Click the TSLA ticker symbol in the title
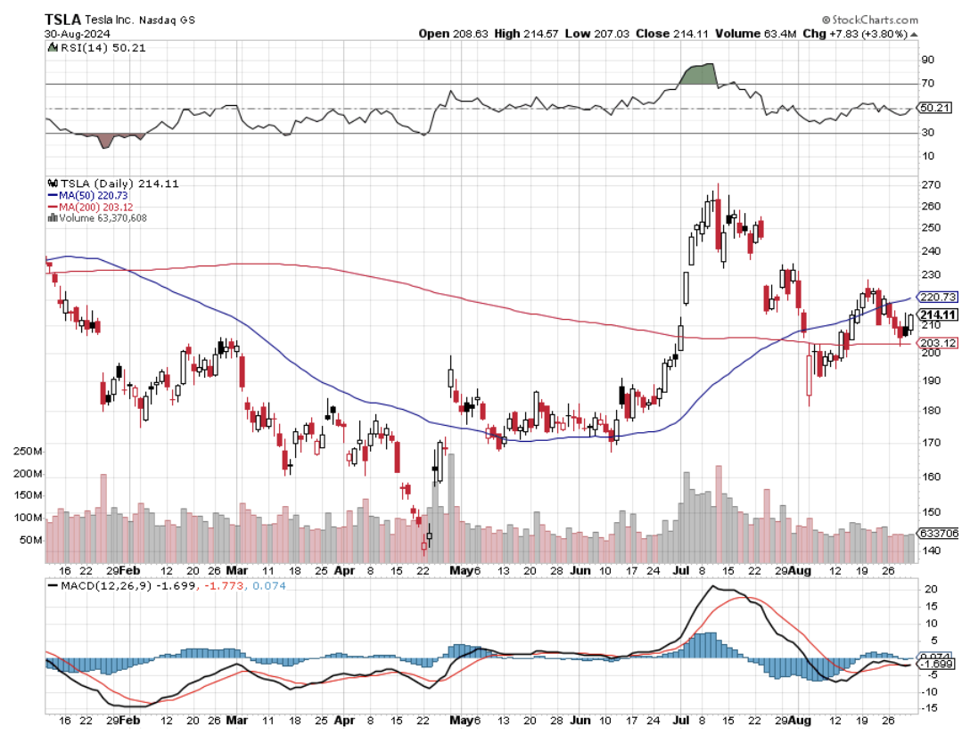[63, 20]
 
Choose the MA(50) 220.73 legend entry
[81, 195]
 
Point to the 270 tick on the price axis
[932, 185]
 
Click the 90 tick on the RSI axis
[927, 60]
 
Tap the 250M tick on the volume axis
[28, 452]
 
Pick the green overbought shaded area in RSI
[698, 75]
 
